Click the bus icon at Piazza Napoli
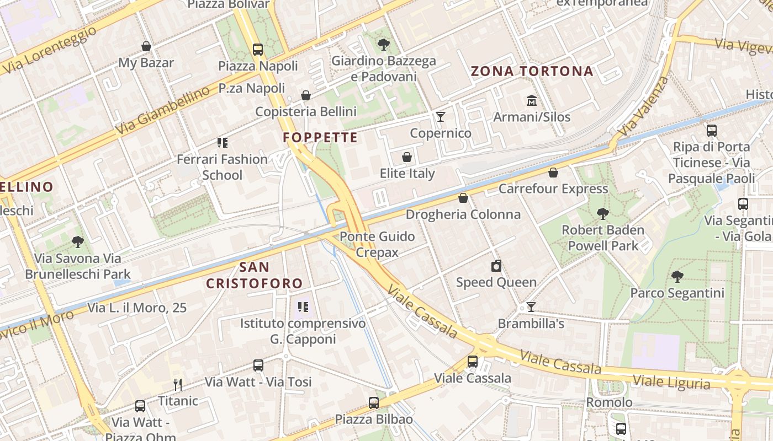click(258, 49)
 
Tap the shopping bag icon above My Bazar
click(146, 46)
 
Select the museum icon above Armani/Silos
click(532, 100)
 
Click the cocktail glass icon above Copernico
click(441, 116)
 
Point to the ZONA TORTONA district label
click(532, 71)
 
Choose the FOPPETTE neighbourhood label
click(320, 137)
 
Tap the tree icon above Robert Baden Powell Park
click(602, 213)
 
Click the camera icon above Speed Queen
click(496, 266)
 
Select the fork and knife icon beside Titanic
click(177, 384)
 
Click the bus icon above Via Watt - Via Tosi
click(258, 365)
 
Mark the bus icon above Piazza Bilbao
click(374, 403)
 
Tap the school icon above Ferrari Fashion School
click(223, 143)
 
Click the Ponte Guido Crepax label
click(378, 244)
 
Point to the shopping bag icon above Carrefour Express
click(553, 173)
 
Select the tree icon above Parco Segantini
click(677, 277)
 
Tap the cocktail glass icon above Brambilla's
click(531, 307)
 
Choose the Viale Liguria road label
click(671, 381)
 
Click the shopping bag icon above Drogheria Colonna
click(463, 198)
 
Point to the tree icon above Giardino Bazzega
click(383, 45)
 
